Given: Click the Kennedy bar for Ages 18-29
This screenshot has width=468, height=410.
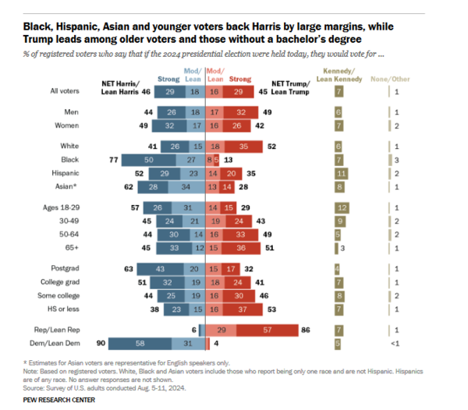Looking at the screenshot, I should (341, 208).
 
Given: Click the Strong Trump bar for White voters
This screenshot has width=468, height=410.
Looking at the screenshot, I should (246, 146).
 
